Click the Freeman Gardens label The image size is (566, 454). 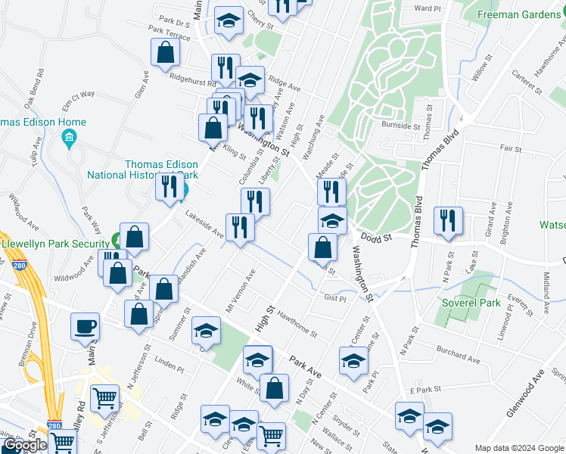coord(522,14)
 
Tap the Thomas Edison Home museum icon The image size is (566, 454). coord(70,137)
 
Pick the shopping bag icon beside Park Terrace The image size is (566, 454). coord(166,53)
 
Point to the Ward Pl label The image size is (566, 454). coord(427,8)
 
